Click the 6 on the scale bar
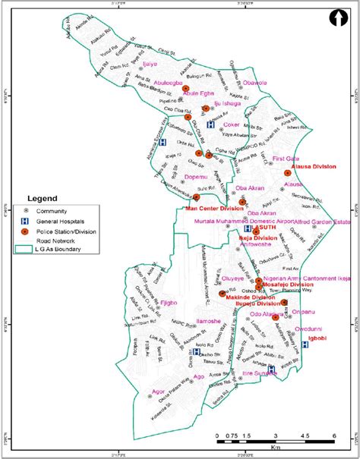coord(333,435)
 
